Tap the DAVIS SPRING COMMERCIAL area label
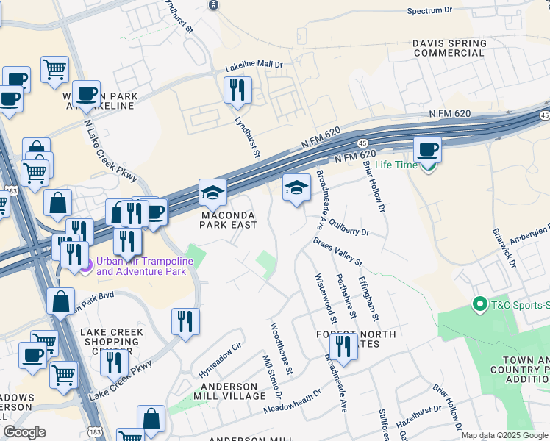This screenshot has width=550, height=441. tap(449, 48)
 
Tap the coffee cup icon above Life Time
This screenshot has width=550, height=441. tap(427, 150)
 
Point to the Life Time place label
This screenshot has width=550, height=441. tap(396, 165)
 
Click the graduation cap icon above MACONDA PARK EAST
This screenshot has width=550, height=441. tap(213, 193)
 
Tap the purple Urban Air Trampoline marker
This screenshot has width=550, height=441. tap(87, 265)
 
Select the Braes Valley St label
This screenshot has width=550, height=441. tap(338, 251)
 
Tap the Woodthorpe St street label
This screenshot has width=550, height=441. tap(282, 347)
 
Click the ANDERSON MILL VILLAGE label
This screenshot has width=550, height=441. tap(226, 391)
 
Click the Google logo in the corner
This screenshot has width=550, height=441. tap(24, 431)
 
